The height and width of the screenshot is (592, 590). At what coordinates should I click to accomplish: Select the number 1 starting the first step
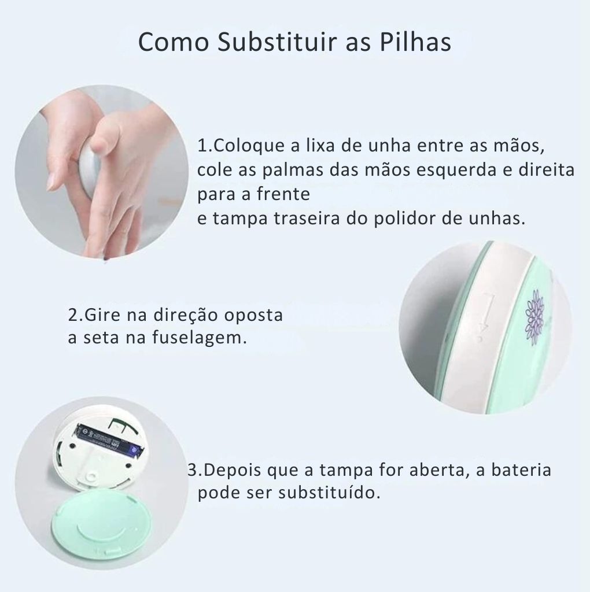click(x=202, y=145)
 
